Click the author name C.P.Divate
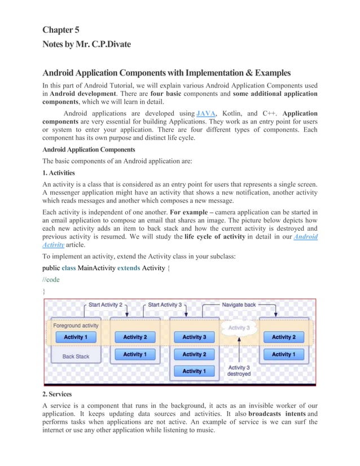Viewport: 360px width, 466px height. click(109, 44)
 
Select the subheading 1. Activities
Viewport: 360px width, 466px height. click(59, 173)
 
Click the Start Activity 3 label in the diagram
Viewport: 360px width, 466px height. click(165, 305)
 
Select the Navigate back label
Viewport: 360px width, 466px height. click(239, 305)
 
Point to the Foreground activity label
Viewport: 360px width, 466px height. click(75, 326)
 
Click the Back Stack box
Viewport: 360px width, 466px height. click(76, 356)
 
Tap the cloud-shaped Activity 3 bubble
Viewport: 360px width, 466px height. click(238, 328)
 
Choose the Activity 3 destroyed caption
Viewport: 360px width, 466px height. click(239, 370)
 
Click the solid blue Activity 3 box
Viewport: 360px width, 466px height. click(194, 337)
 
